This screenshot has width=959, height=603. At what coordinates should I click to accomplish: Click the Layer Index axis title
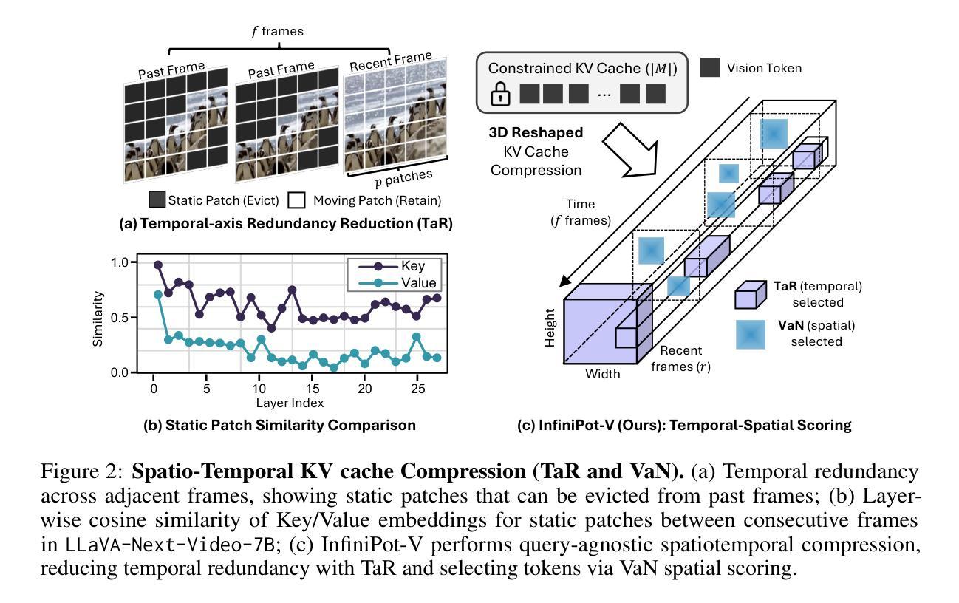click(x=290, y=403)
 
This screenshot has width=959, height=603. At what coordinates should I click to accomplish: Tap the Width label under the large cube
click(x=603, y=375)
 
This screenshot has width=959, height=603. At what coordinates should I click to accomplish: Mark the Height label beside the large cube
click(x=550, y=330)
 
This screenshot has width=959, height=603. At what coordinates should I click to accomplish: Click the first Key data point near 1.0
click(x=158, y=265)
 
